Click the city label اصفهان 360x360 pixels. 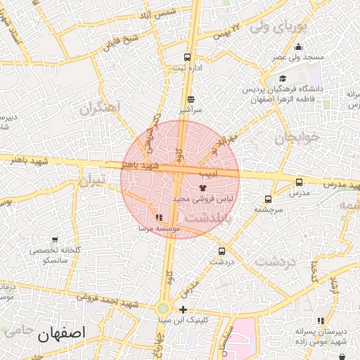(63, 333)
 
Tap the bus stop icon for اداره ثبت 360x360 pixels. (187, 57)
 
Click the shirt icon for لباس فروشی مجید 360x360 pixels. (203, 188)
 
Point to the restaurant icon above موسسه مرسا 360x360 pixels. (159, 217)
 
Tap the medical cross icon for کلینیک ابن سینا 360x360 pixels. (183, 310)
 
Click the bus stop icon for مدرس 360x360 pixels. (300, 182)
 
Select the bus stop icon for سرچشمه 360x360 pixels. (268, 199)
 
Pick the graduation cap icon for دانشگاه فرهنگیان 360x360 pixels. (283, 79)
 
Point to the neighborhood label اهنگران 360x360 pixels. (101, 108)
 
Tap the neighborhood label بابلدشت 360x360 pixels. (208, 219)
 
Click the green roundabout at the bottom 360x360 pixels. (163, 308)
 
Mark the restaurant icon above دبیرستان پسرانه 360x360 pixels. (321, 321)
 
